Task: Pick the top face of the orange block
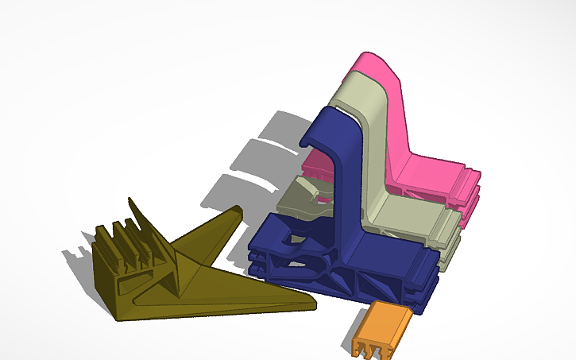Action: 385,318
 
